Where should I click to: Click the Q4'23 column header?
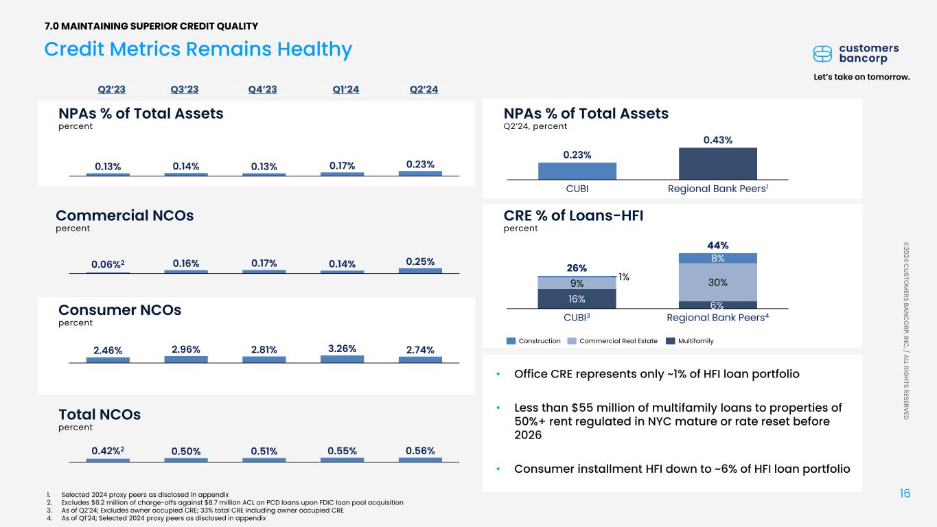262,89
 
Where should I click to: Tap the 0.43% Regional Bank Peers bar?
717,163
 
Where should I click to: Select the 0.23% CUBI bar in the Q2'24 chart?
577,170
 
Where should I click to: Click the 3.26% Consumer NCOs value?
342,348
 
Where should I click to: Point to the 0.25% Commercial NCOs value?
420,261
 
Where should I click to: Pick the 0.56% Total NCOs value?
420,450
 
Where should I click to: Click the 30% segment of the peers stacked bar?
717,282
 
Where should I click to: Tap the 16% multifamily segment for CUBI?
577,298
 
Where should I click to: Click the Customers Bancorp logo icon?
822,54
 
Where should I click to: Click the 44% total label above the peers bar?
717,245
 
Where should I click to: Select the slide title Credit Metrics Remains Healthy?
198,49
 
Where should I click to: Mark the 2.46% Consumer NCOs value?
108,350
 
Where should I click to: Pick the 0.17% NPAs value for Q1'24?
342,166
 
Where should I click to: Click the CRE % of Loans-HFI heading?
573,216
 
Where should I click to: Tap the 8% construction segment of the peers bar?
717,258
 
